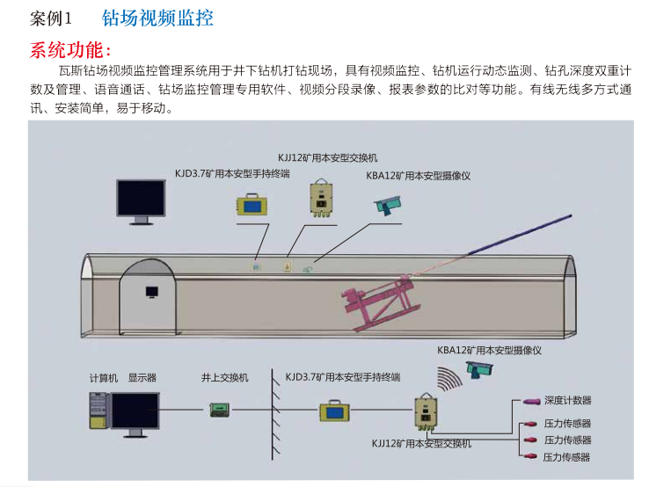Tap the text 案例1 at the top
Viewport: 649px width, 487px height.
[55, 18]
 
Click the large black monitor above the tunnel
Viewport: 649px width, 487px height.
[142, 199]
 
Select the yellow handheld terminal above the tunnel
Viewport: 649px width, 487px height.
[252, 205]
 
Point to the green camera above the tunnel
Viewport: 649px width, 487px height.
[388, 206]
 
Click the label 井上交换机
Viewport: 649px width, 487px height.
[224, 377]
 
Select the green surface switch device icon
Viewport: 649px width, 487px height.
[220, 409]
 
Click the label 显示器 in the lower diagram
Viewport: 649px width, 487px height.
[142, 377]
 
